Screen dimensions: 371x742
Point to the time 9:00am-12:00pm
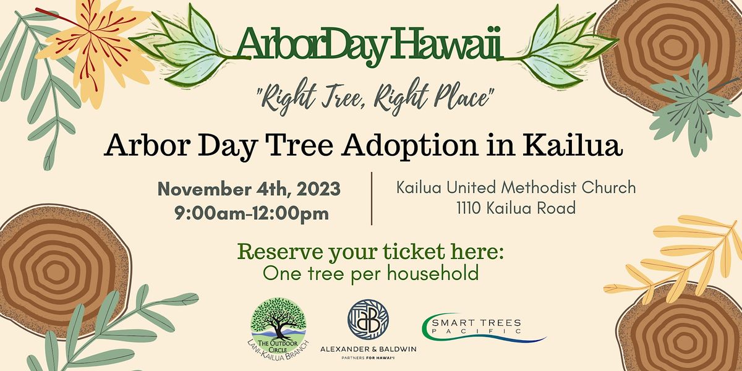[x=252, y=215]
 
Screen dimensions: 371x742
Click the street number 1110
[x=468, y=208]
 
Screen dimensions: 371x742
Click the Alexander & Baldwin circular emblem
[x=368, y=322]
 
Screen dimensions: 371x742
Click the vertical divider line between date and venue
[x=372, y=198]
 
